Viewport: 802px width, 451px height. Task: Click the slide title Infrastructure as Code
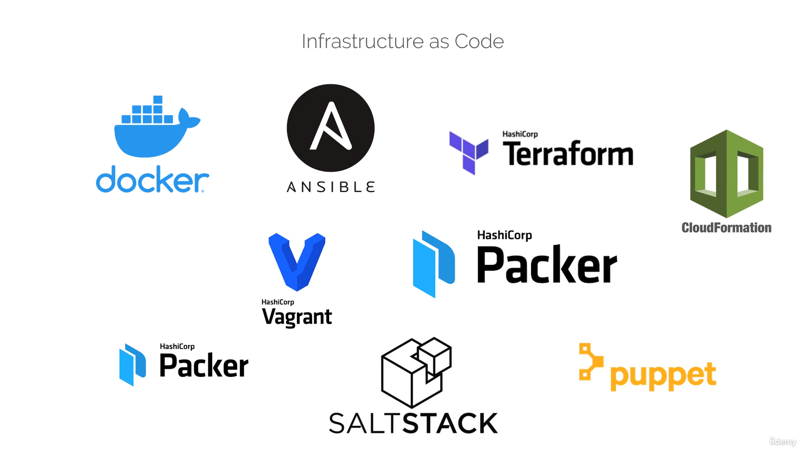[403, 41]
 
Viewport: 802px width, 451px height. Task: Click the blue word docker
[152, 180]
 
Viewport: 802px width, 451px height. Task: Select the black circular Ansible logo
[330, 128]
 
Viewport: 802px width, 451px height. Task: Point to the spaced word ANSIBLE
[330, 187]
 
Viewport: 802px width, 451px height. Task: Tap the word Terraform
[568, 154]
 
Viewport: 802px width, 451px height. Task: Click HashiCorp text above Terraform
[520, 134]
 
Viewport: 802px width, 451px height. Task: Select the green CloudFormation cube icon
[726, 174]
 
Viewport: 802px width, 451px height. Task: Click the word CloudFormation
[726, 228]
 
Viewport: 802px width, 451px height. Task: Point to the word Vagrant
[297, 317]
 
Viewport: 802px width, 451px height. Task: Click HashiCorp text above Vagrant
[278, 302]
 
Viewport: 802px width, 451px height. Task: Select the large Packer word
[547, 265]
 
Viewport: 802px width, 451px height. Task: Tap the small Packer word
[204, 366]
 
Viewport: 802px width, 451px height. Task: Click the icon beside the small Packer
[132, 365]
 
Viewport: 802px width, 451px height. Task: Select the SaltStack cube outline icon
[416, 372]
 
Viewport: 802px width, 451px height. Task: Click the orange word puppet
[663, 376]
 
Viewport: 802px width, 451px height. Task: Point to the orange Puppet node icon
[590, 362]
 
